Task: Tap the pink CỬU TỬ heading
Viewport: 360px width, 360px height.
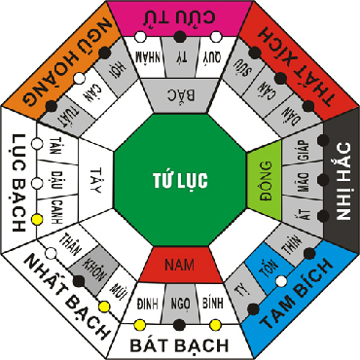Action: coord(180,15)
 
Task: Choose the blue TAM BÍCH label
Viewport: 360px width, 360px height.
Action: coord(299,292)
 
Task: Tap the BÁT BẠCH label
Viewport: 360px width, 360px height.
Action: coord(181,344)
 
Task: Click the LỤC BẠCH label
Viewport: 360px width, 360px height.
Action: coord(17,181)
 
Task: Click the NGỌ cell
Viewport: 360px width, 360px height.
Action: coord(181,303)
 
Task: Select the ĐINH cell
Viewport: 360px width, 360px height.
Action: coord(147,303)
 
